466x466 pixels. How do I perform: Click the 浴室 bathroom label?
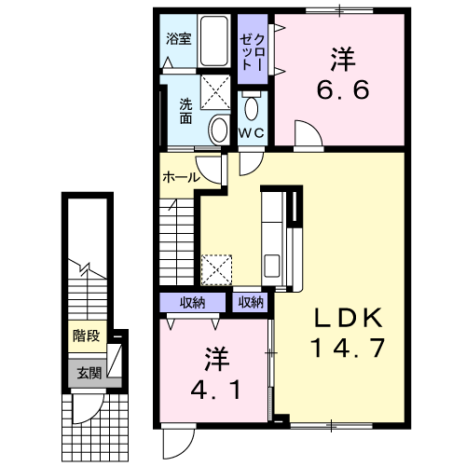(178, 39)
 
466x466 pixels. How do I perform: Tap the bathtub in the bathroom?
(213, 41)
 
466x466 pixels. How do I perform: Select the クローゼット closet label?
(253, 52)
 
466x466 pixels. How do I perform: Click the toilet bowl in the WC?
(252, 108)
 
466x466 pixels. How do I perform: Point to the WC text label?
(252, 133)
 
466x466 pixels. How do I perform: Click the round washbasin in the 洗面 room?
(219, 130)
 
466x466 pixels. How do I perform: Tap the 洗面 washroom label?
(185, 111)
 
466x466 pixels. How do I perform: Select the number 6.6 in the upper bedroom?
(343, 89)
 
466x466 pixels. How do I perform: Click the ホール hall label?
(182, 177)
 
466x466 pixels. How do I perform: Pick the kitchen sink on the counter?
(271, 266)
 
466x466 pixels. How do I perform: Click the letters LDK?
(349, 318)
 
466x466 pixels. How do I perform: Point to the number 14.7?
(348, 348)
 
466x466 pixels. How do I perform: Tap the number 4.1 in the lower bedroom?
(215, 390)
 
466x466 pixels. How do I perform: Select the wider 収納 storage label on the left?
(193, 303)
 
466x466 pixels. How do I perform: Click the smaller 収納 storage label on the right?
(251, 302)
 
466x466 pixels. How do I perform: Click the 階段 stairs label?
(87, 336)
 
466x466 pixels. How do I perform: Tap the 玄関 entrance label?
(89, 373)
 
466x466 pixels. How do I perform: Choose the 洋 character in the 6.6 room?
(343, 59)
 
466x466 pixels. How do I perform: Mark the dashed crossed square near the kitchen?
(216, 269)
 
